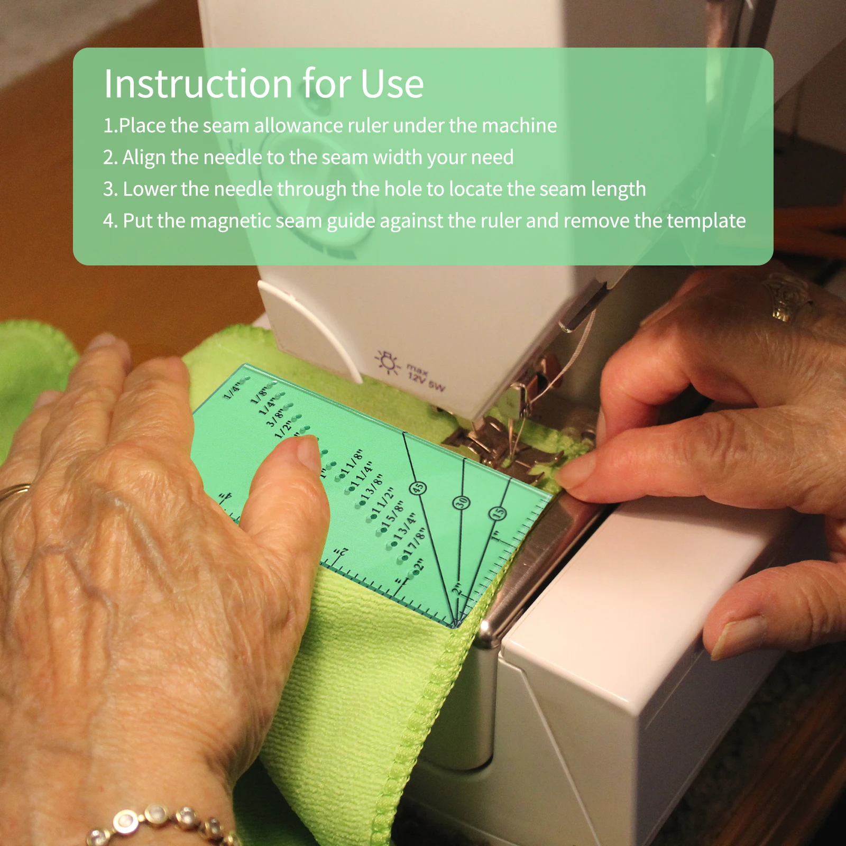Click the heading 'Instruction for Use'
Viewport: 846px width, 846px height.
[263, 84]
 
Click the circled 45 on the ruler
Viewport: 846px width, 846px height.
[418, 488]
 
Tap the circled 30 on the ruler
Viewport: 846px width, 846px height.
[461, 502]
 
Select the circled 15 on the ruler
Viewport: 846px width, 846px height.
[498, 512]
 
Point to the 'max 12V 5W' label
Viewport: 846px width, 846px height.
[425, 377]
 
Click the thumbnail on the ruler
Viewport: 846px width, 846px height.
[308, 454]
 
